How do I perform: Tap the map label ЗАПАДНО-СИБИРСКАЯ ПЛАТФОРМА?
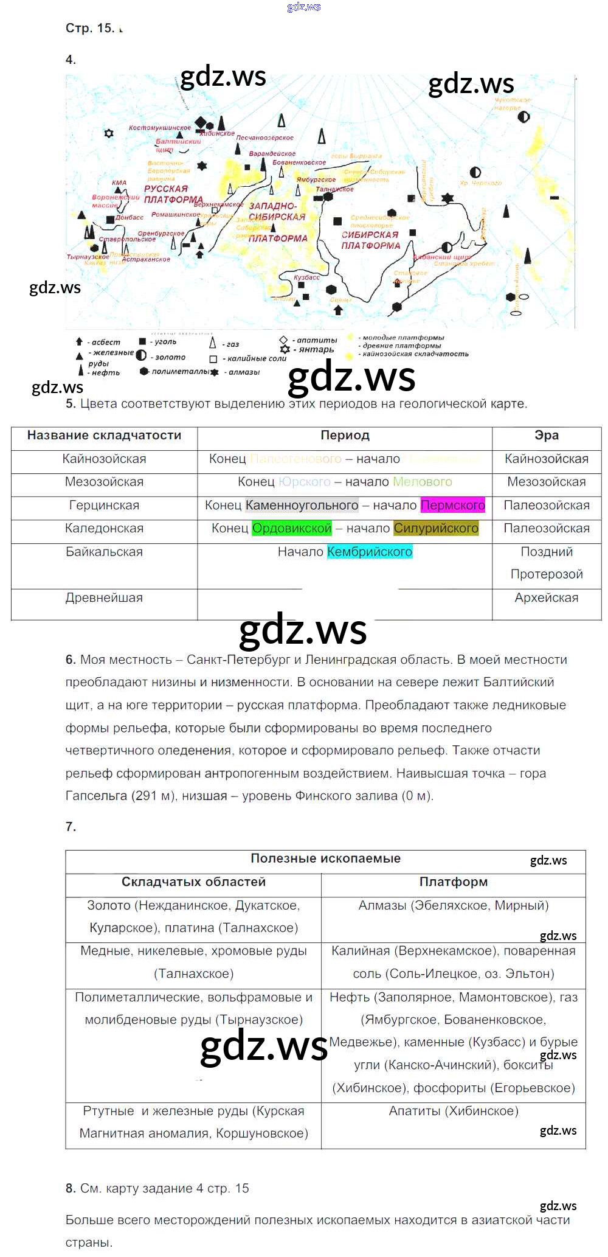point(277,222)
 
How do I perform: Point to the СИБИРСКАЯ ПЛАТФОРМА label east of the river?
point(370,240)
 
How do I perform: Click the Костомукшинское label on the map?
point(159,128)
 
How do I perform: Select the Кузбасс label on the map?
point(306,277)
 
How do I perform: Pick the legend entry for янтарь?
point(316,350)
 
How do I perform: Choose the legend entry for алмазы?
point(243,372)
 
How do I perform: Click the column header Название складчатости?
point(104,436)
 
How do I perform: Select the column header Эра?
point(546,436)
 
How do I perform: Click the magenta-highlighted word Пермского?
point(452,506)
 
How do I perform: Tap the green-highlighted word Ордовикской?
point(292,529)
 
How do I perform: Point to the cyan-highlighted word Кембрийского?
point(370,552)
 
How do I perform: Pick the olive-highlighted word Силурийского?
point(436,529)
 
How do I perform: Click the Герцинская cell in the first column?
point(104,506)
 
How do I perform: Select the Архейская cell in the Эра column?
point(546,598)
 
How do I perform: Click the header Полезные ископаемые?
point(325,858)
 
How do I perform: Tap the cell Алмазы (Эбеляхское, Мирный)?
point(453,905)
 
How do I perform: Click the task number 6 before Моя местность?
point(71,660)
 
